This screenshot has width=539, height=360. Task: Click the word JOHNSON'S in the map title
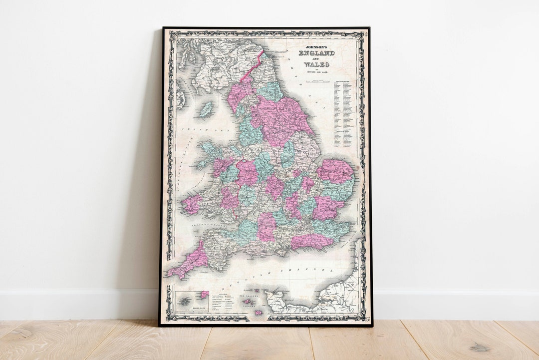click(x=316, y=46)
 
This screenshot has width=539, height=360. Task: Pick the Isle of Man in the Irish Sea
click(x=206, y=109)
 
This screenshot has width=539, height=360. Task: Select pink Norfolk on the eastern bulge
click(x=335, y=171)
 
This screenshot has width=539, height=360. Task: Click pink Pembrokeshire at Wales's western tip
click(x=191, y=204)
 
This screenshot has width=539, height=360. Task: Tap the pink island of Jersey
click(x=259, y=313)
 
